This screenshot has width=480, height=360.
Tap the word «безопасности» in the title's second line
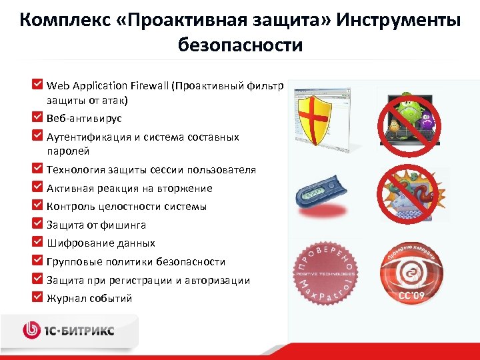click(240, 45)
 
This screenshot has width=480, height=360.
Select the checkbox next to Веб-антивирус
click(39, 116)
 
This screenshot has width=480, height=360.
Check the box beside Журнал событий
click(39, 297)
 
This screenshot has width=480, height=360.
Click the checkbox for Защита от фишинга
click(39, 223)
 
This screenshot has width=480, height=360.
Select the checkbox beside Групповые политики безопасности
click(39, 260)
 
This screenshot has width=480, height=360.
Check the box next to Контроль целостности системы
click(39, 205)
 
